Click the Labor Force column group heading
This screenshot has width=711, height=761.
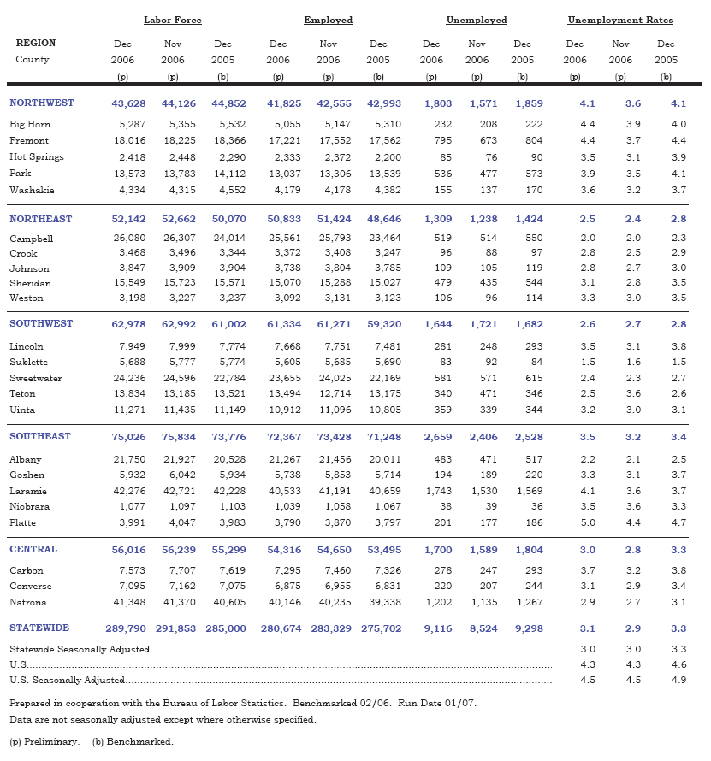coord(173,20)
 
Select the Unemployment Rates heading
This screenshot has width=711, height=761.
coord(620,20)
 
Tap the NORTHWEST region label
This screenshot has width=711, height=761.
coord(42,103)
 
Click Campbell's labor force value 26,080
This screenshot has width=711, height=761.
coord(129,239)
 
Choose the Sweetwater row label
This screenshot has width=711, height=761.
coord(36,378)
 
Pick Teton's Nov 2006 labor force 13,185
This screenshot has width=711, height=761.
coord(179,393)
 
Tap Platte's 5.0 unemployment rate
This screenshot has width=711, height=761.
coord(588,522)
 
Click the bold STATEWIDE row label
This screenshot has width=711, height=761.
coord(40,628)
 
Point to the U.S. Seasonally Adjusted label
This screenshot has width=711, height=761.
coord(67,681)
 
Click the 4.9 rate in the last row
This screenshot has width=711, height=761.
coord(678,681)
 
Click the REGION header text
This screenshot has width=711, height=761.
coord(36,43)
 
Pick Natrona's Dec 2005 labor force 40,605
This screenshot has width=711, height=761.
coord(228,602)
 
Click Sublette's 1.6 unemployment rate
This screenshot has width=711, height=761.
coord(633,363)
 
